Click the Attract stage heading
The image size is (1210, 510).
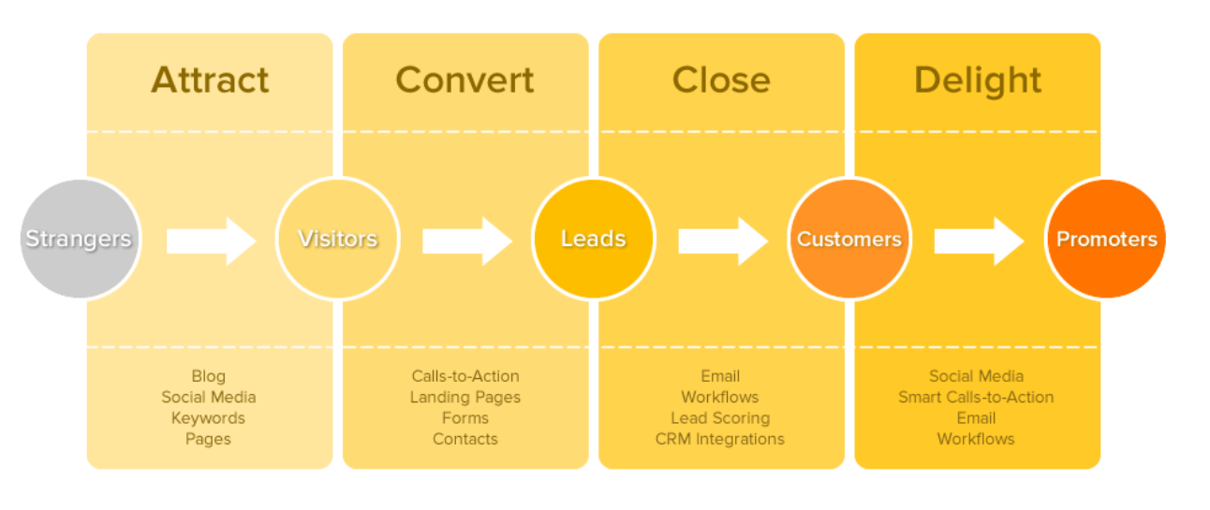[210, 80]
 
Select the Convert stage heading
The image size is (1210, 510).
[465, 80]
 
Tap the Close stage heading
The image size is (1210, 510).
[721, 80]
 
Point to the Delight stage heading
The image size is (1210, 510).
[977, 80]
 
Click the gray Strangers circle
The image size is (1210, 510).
[79, 240]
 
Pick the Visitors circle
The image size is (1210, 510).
[337, 240]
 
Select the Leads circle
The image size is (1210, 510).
[593, 240]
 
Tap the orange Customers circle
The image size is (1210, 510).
[848, 240]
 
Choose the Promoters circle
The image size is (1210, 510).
[1106, 240]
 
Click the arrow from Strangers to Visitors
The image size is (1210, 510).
[211, 241]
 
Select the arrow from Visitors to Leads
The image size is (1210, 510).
[466, 241]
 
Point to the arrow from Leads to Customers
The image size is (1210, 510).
[722, 241]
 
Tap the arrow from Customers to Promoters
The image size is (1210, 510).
[978, 241]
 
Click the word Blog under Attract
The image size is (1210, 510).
[208, 376]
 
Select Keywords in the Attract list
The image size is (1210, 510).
[208, 418]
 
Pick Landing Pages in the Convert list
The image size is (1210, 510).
[465, 398]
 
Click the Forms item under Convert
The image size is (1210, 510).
[465, 418]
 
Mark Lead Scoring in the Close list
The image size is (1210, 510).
[720, 418]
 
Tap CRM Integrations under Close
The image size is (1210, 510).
[720, 439]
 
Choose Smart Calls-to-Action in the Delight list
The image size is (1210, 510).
[976, 398]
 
